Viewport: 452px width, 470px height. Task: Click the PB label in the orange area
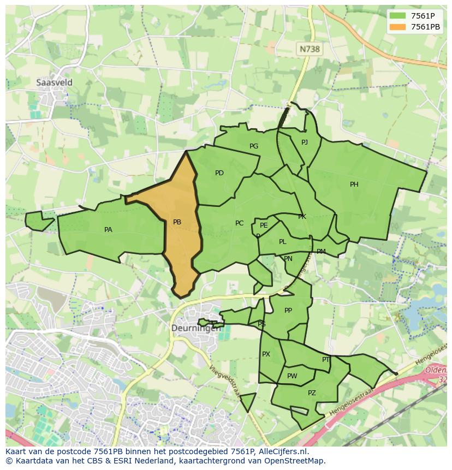point(177,222)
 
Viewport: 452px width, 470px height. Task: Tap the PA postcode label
point(108,230)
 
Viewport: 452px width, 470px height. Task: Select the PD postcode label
point(219,173)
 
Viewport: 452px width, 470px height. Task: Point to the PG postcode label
point(254,146)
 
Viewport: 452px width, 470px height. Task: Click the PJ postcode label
point(305,142)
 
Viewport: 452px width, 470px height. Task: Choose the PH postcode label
point(354,185)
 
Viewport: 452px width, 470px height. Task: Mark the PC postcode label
point(239,223)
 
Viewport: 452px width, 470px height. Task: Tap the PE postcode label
point(264,225)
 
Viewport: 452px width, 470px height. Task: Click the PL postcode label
point(282,242)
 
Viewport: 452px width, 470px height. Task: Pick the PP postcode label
point(288,311)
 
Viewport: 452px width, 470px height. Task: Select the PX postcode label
point(266,354)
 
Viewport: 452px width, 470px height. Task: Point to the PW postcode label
point(292,376)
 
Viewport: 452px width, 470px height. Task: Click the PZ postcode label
point(312,393)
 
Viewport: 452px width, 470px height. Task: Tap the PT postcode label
point(325,360)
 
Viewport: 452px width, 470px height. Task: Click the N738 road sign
point(310,49)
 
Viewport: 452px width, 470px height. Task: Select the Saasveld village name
point(54,83)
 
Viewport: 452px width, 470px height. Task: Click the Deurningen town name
point(197,329)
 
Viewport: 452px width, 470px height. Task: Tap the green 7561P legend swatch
point(397,16)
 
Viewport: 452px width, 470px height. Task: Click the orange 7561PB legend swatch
point(397,27)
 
